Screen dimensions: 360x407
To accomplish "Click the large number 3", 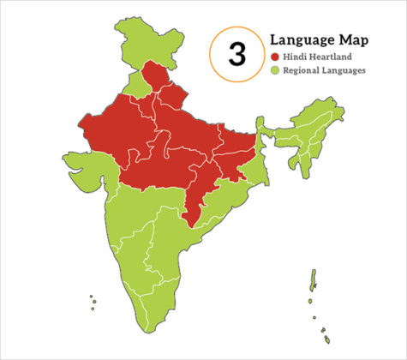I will [x=237, y=54].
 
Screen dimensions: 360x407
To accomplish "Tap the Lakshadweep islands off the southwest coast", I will [x=93, y=300].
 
